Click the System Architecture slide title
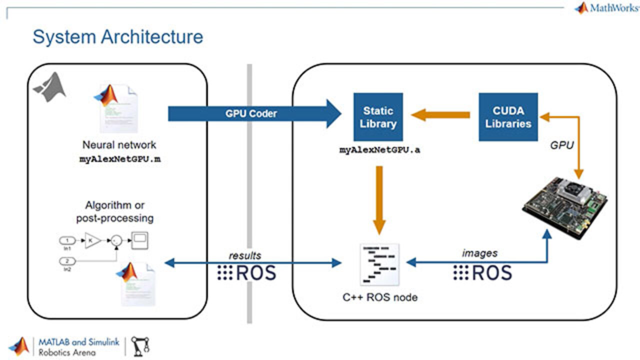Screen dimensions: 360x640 118,37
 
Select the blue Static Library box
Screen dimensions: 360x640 378,117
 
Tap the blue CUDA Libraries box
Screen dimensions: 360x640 508,117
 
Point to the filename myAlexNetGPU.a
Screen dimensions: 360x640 380,149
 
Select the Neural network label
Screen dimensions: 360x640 119,145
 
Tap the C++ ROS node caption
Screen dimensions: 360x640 380,297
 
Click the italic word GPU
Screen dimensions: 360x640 561,145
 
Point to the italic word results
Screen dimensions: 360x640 245,255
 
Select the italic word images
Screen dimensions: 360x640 479,253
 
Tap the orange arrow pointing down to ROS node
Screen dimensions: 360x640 379,200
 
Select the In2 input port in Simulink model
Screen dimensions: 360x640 67,261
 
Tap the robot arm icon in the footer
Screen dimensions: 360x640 140,345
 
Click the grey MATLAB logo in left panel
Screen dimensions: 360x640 49,87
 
